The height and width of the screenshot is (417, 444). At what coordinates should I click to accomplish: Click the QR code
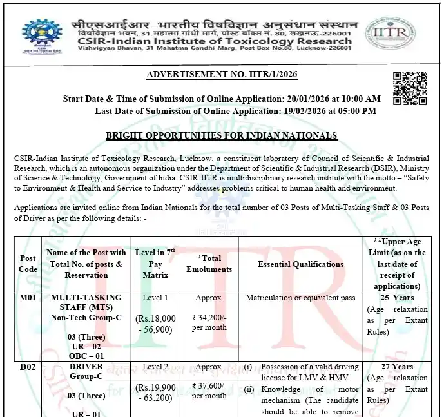(409, 88)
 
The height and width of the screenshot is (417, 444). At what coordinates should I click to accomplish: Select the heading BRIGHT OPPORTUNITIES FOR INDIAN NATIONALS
(221, 136)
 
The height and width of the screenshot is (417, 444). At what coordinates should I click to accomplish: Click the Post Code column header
(28, 264)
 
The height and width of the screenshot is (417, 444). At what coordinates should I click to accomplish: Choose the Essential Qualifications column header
(300, 264)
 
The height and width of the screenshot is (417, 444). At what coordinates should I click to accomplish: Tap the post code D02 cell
(28, 367)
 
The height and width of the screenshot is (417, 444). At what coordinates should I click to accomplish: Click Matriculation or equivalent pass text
(300, 298)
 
